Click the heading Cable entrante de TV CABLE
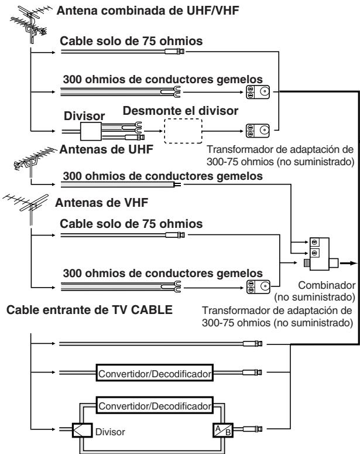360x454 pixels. click(x=89, y=310)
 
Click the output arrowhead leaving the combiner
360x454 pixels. click(x=350, y=264)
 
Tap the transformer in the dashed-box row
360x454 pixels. click(x=258, y=130)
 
